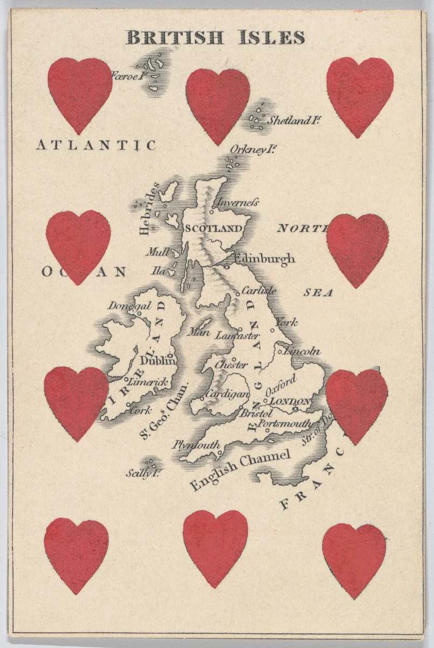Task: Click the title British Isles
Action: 215,37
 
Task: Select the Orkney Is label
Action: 249,150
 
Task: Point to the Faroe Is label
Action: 129,76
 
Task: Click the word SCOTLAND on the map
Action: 213,228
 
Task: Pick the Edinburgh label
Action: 264,259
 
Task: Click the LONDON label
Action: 290,401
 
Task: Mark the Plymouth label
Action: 196,445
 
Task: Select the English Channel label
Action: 241,468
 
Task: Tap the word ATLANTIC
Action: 96,145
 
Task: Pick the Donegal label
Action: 130,306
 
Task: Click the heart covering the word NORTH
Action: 357,249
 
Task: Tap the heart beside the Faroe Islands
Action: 79,94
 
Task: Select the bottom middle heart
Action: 215,548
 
